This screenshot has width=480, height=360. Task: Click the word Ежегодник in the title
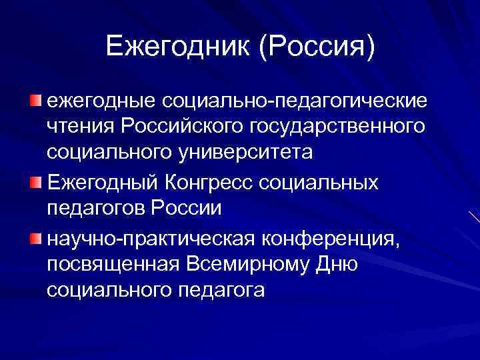click(175, 46)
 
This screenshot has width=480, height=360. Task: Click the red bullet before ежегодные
click(35, 101)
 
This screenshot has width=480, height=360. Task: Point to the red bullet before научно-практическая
click(35, 238)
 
